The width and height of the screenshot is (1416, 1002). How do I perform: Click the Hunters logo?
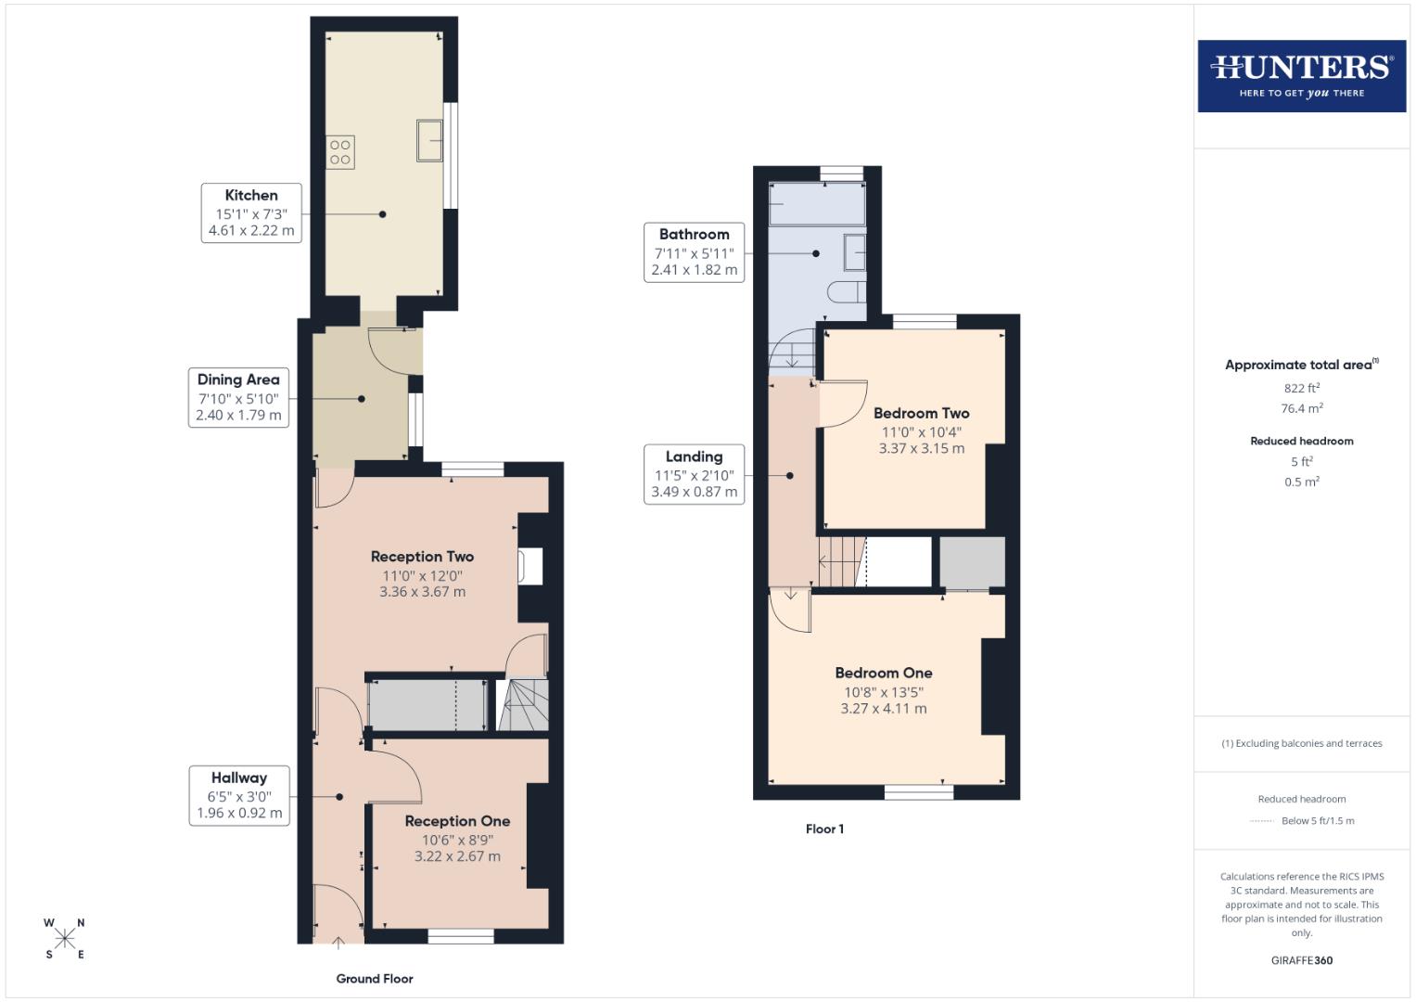coord(1301,76)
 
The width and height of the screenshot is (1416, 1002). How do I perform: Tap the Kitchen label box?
coord(251,213)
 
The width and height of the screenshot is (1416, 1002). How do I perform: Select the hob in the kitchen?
coord(340,152)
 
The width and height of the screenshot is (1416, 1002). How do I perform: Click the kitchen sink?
coord(429,140)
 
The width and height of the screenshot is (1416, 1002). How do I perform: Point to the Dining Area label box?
coord(238,398)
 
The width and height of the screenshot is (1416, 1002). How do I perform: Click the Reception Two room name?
coord(422,557)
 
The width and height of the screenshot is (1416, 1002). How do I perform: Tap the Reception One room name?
coord(457,821)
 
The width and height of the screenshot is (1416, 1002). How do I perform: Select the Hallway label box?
coord(238,796)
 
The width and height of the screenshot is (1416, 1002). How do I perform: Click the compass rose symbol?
coord(65,939)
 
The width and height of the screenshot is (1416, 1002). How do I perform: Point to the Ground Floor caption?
coord(375,979)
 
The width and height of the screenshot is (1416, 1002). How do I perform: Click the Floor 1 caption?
coord(824,829)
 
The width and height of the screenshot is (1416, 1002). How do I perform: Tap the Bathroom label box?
coord(694,252)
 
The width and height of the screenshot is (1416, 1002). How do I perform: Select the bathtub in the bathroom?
coord(817,204)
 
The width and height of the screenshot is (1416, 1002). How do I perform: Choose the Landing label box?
coord(694,474)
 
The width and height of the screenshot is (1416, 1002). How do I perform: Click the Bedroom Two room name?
coord(921,414)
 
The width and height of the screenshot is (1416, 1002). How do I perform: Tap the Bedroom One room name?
coord(884,674)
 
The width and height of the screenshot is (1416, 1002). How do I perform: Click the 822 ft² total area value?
coord(1301,389)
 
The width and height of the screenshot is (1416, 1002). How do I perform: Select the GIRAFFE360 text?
coord(1301,960)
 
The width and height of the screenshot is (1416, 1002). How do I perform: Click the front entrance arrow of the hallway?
coord(339,944)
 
